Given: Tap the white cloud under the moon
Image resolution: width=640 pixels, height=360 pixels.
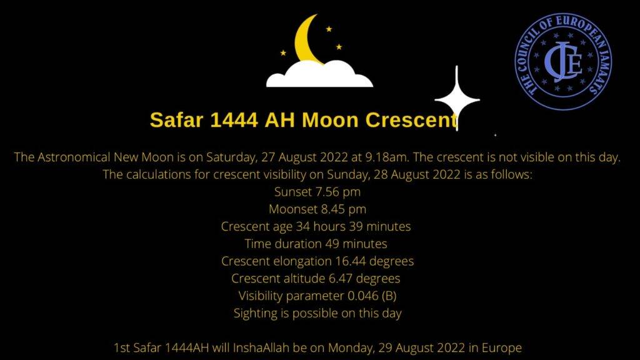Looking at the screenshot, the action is (x=319, y=75).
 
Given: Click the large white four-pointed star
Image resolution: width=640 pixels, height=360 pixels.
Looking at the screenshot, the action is (x=457, y=99).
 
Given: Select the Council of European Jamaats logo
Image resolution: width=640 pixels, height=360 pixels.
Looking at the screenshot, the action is (x=563, y=61).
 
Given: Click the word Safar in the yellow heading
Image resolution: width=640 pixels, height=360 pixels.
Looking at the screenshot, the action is (x=176, y=120).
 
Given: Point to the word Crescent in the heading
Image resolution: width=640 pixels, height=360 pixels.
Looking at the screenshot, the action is (x=411, y=120).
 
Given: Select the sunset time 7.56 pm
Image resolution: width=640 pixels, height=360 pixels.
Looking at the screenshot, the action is (x=338, y=192).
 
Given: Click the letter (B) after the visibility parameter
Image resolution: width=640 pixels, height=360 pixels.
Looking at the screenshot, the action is (x=389, y=296).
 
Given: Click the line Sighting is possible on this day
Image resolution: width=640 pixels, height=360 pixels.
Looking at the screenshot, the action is (x=317, y=314).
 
